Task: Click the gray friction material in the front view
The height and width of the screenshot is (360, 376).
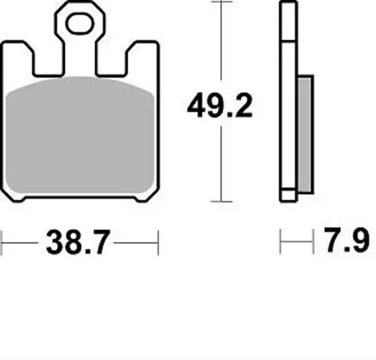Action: pyautogui.click(x=81, y=137)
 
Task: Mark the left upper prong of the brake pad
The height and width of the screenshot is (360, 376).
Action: pyautogui.click(x=18, y=60)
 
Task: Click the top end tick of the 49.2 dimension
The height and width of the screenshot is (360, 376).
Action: pyautogui.click(x=221, y=3)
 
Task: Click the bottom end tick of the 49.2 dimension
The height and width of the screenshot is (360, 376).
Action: pyautogui.click(x=221, y=201)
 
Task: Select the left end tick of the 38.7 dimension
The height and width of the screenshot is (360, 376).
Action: pyautogui.click(x=2, y=244)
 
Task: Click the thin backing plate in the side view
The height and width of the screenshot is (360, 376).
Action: pyautogui.click(x=285, y=103)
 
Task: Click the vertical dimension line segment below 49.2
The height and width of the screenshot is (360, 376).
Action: pyautogui.click(x=221, y=162)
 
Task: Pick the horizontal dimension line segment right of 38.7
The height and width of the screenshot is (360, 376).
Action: pyautogui.click(x=137, y=244)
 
